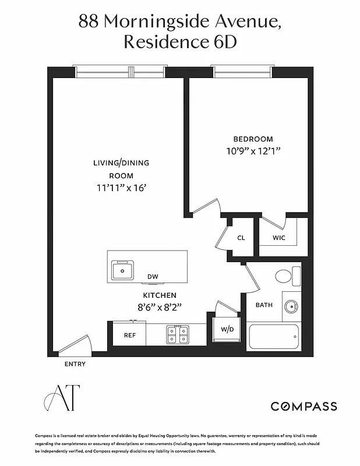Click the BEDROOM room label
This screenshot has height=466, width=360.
253,139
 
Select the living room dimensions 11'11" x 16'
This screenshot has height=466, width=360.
121,188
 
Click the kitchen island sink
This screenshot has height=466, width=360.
123,270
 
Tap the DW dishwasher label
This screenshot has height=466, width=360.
153,277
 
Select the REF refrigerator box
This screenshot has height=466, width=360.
129,335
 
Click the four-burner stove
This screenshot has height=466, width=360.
178,334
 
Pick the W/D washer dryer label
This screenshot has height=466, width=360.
227,329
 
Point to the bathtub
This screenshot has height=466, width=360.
274,337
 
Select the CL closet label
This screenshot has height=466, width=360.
241,238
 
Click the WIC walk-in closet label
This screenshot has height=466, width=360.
279,238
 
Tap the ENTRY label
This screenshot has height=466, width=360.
75,364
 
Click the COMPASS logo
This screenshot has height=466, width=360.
303,407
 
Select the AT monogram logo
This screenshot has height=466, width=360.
61,398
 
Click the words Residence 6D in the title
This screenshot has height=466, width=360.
180,43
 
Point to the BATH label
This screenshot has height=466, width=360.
264,305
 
